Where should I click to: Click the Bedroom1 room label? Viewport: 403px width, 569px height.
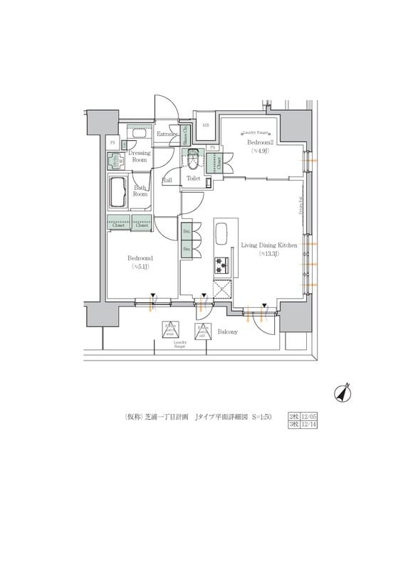click(140, 257)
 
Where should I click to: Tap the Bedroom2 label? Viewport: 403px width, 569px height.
click(261, 142)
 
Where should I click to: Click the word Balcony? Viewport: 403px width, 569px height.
click(227, 332)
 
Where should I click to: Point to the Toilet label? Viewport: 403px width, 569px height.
click(194, 179)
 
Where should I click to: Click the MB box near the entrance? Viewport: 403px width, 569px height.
click(206, 127)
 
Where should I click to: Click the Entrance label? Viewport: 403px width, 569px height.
click(167, 134)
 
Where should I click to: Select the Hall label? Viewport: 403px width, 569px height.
click(167, 181)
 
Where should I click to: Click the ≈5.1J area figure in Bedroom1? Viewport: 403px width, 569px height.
click(140, 267)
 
